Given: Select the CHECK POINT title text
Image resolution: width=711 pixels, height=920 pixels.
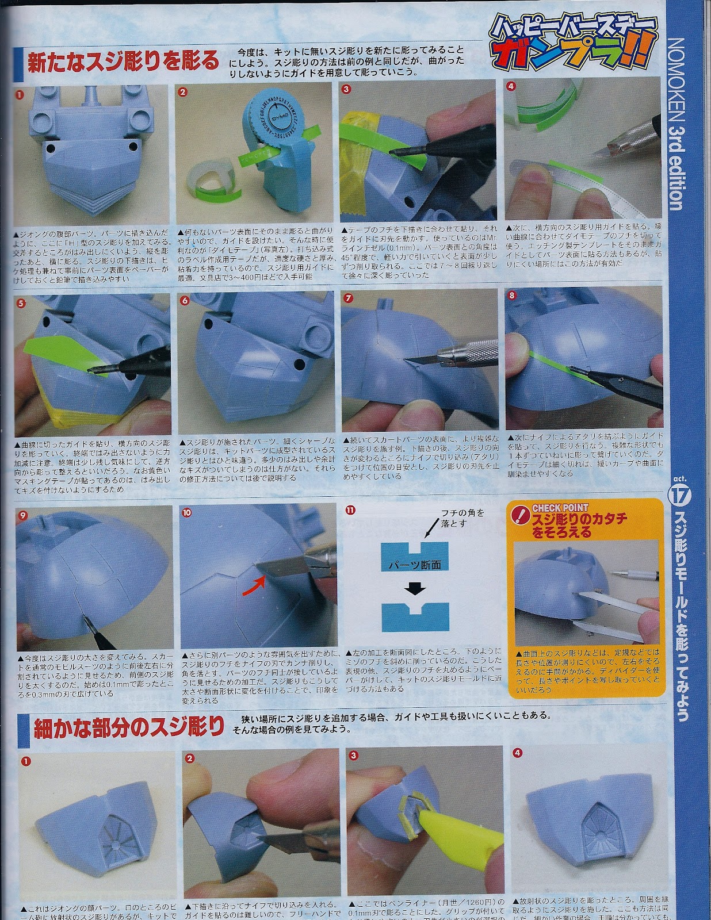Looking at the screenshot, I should [560, 508].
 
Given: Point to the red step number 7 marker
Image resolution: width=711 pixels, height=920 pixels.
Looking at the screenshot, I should [349, 297].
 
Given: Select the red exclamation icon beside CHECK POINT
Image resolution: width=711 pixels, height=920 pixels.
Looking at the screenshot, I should [520, 513].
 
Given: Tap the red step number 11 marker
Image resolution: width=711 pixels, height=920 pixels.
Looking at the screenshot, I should [350, 510].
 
